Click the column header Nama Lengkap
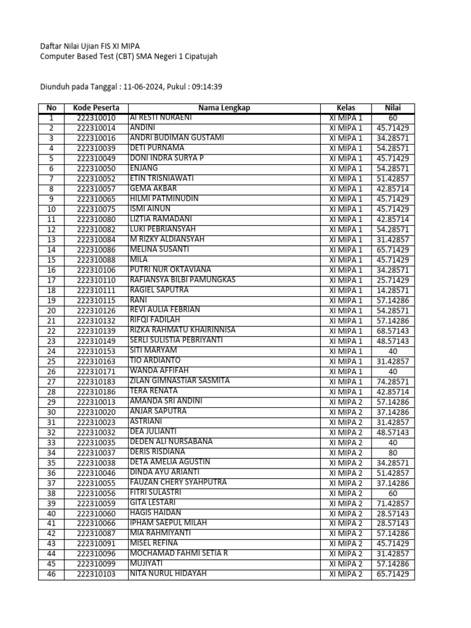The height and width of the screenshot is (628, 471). click(x=224, y=108)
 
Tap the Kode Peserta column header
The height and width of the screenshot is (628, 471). click(x=96, y=108)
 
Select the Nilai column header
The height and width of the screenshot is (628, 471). click(x=392, y=108)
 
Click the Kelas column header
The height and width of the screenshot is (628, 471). click(x=345, y=108)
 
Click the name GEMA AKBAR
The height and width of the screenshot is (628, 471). click(x=153, y=188)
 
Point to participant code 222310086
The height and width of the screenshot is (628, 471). click(x=96, y=250)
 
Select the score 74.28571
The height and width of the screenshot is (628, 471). click(x=392, y=381)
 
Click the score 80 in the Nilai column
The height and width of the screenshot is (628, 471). click(x=392, y=453)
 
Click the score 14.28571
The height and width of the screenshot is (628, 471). click(x=392, y=290)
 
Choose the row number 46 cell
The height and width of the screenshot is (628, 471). click(x=51, y=575)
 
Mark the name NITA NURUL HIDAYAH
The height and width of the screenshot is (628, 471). click(x=168, y=574)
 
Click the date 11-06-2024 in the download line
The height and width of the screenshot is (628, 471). click(x=143, y=87)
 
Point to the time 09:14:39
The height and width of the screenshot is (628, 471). click(x=207, y=87)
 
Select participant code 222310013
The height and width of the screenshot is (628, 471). click(x=96, y=402)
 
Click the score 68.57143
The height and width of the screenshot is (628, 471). click(x=392, y=331)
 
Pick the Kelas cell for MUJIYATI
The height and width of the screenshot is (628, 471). click(x=345, y=564)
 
